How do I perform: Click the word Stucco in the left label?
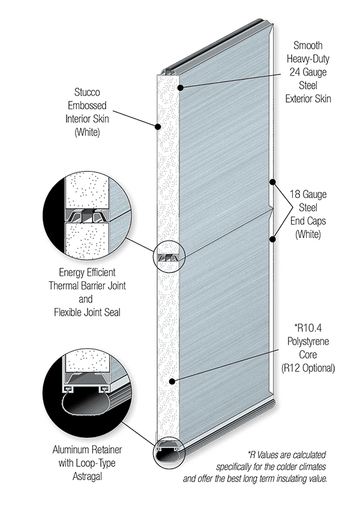[87, 92]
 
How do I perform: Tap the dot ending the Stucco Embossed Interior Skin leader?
[157, 127]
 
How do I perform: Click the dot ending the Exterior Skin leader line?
[181, 88]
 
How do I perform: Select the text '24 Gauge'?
[308, 72]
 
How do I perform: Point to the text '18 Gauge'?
[308, 194]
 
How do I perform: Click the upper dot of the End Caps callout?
[272, 182]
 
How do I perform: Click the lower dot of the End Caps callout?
[272, 239]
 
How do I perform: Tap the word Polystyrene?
[308, 342]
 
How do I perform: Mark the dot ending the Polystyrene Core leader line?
[172, 381]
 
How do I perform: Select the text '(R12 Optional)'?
[308, 368]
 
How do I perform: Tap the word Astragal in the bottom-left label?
[87, 477]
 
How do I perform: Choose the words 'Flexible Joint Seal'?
[87, 312]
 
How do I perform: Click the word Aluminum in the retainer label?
[71, 450]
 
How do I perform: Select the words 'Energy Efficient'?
[87, 273]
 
